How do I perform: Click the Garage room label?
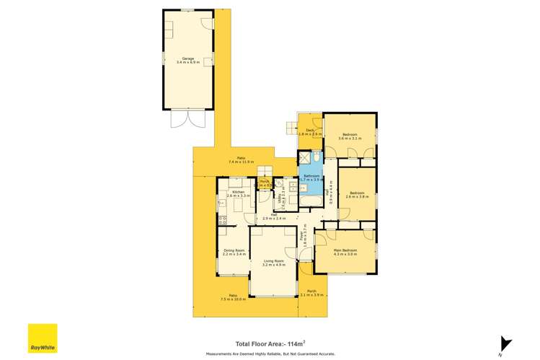pyautogui.click(x=187, y=61)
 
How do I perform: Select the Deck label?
pyautogui.click(x=310, y=132)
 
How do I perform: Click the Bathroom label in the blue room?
pyautogui.click(x=311, y=177)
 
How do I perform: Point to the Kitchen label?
pyautogui.click(x=238, y=193)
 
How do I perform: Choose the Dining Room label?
pyautogui.click(x=234, y=252)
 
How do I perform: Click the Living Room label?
pyautogui.click(x=273, y=263)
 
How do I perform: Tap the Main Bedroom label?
pyautogui.click(x=345, y=252)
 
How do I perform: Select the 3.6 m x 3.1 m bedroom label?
pyautogui.click(x=350, y=136)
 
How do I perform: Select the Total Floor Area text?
pyautogui.click(x=267, y=344)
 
